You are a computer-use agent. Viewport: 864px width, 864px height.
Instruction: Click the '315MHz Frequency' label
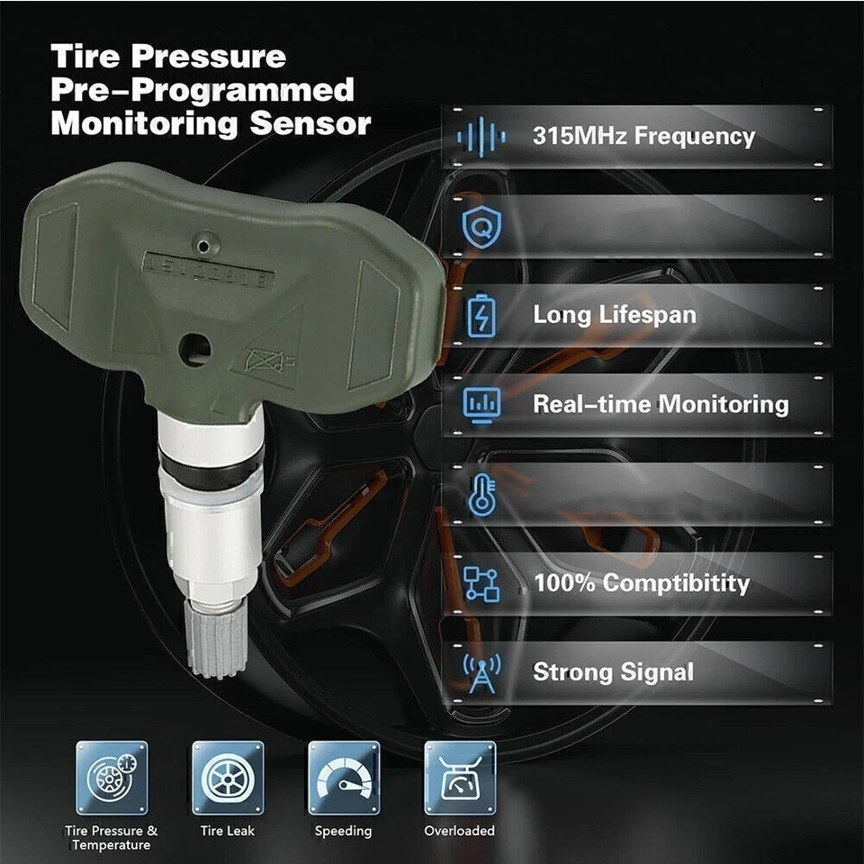(643, 137)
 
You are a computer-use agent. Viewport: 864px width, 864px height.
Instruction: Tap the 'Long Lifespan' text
(615, 315)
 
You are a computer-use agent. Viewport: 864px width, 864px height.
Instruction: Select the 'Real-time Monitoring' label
(661, 404)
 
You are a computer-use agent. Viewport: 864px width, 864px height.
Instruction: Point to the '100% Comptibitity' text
(641, 583)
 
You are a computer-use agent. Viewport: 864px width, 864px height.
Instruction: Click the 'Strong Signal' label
(613, 672)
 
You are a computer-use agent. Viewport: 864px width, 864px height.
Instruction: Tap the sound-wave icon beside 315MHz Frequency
(481, 137)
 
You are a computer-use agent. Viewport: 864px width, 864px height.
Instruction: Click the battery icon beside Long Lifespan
(481, 316)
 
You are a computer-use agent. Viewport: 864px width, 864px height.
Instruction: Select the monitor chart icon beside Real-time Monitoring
(481, 405)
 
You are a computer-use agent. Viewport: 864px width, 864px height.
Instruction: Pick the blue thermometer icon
(481, 494)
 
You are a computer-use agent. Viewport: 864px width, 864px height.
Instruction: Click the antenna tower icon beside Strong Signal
(481, 672)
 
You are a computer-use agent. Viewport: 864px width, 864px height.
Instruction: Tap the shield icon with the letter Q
(481, 226)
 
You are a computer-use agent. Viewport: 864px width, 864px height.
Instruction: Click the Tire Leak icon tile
(228, 778)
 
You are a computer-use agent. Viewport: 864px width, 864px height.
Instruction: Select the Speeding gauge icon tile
(344, 778)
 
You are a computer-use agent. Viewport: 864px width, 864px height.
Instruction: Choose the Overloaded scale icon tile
(460, 778)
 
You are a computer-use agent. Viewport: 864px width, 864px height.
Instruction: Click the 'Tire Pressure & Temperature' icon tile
(112, 778)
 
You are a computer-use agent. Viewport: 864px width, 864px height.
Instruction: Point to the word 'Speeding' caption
(343, 832)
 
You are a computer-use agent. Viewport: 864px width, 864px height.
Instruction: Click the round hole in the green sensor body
(193, 349)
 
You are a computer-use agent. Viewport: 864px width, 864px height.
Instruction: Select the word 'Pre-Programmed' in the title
(203, 90)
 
